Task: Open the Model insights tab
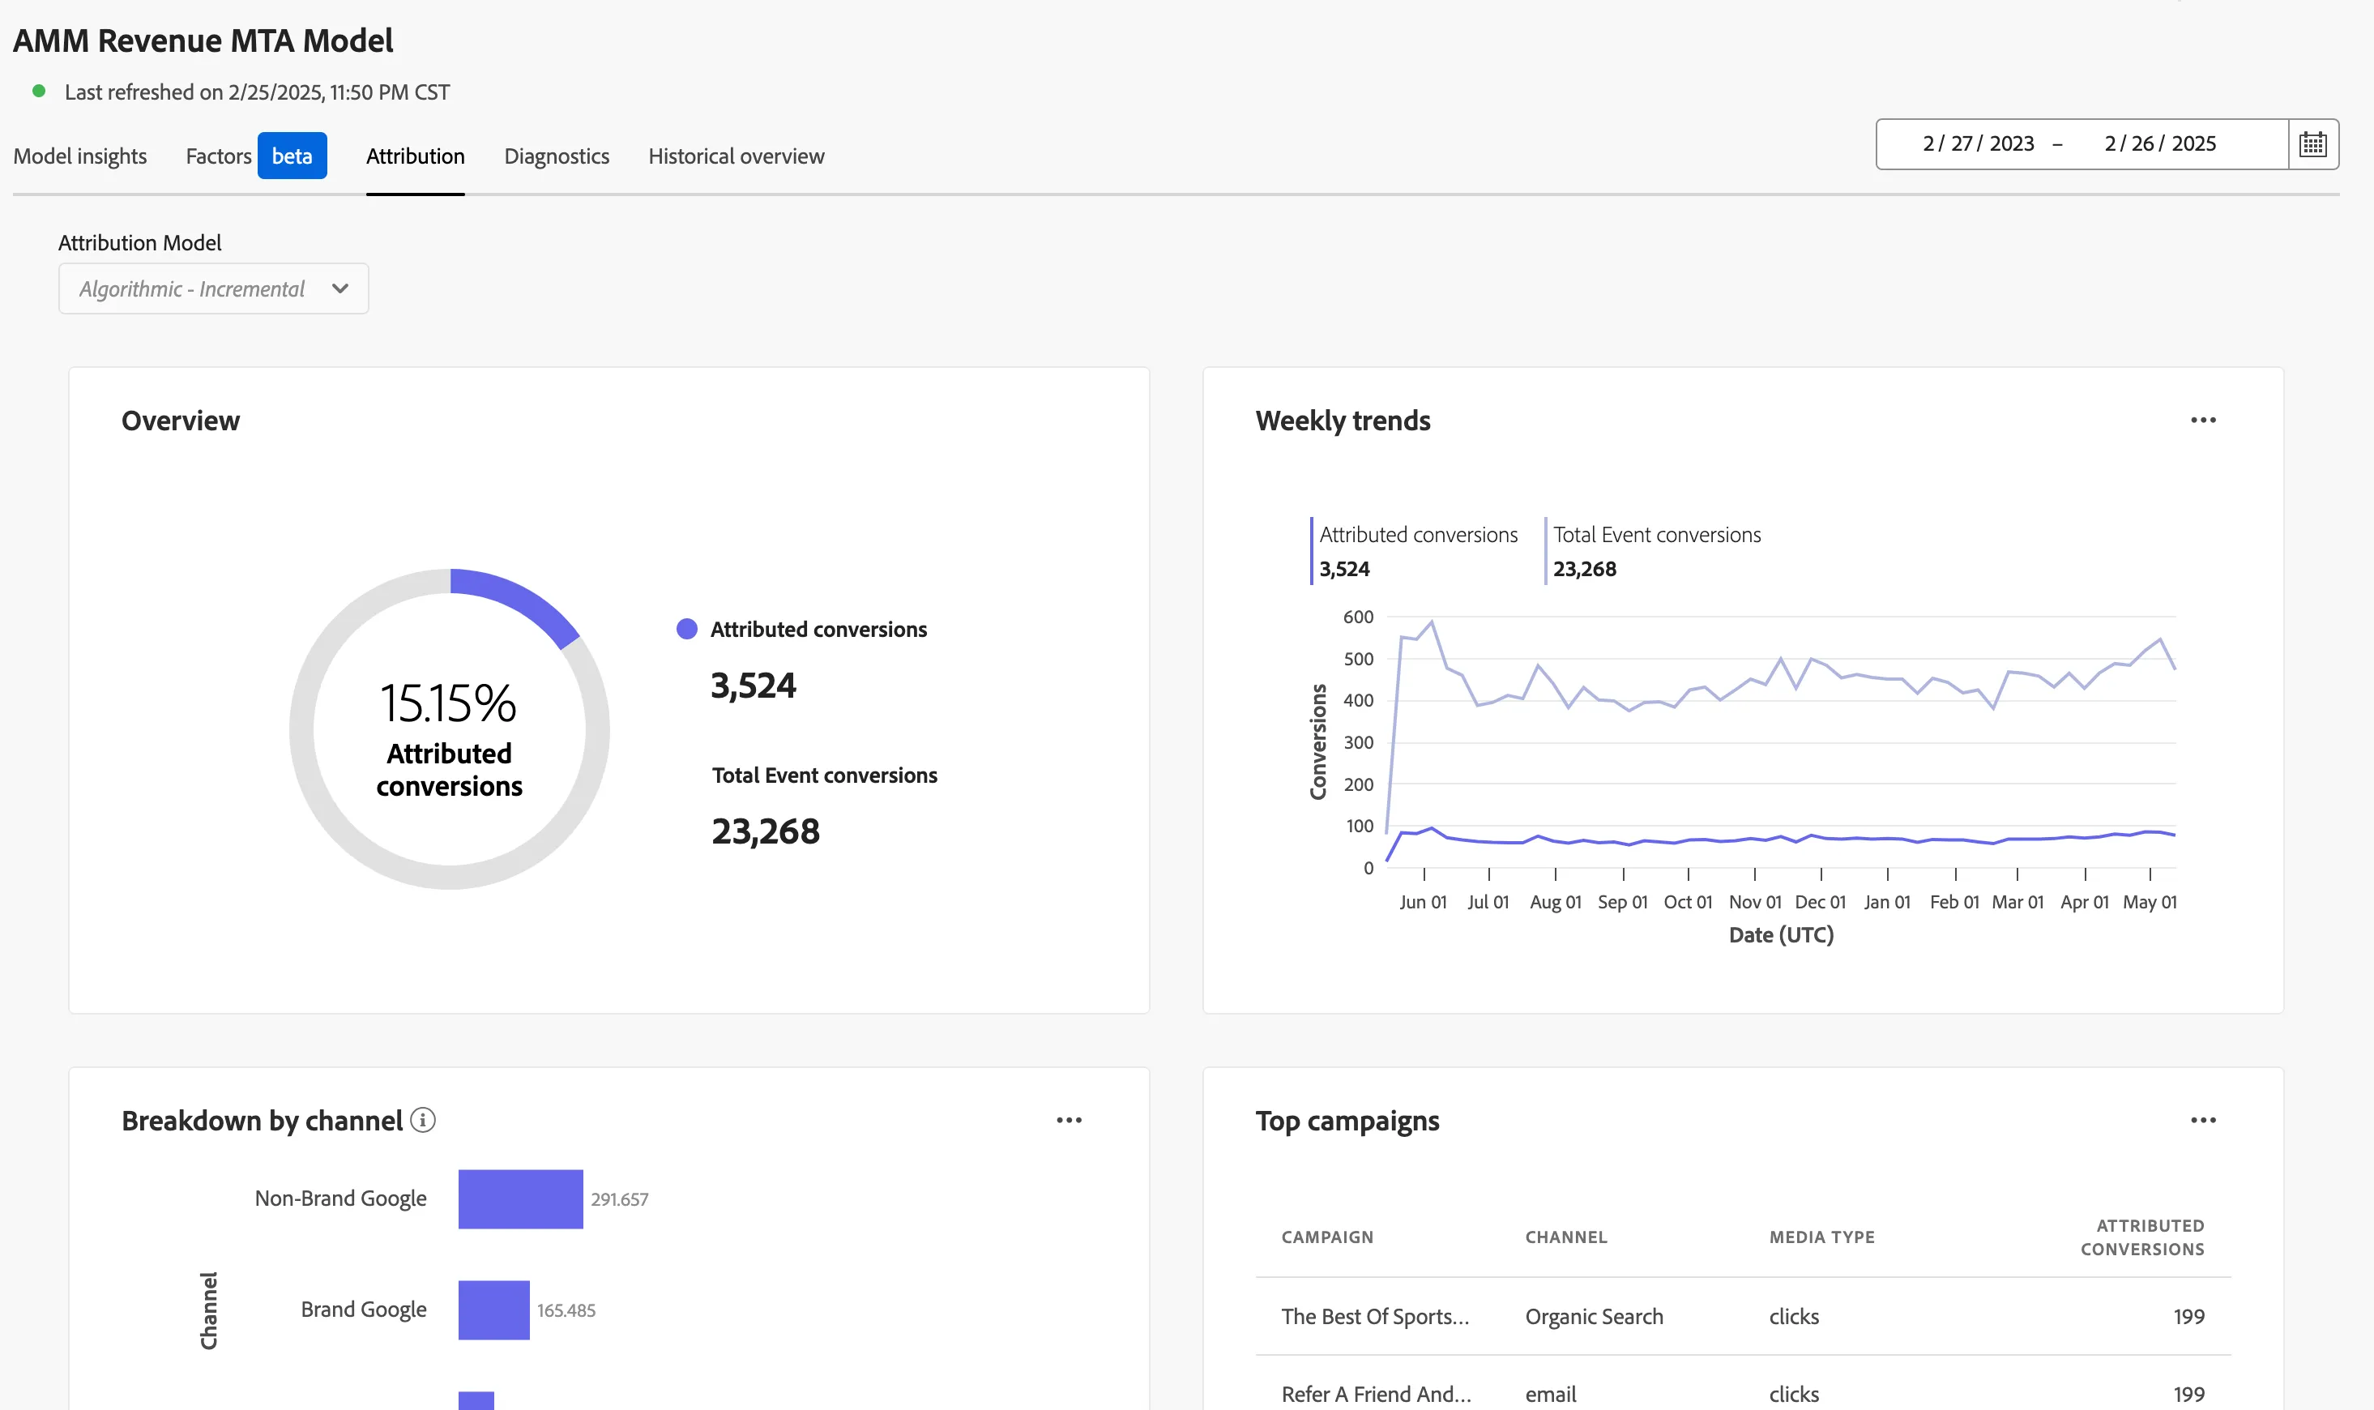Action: pyautogui.click(x=79, y=156)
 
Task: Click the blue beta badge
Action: pyautogui.click(x=292, y=156)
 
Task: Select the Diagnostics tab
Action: pyautogui.click(x=557, y=156)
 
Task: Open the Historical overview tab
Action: pyautogui.click(x=737, y=156)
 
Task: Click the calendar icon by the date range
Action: pyautogui.click(x=2312, y=144)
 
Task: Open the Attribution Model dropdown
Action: pyautogui.click(x=214, y=288)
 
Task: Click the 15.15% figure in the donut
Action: pyautogui.click(x=448, y=704)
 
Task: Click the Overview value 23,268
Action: pyautogui.click(x=766, y=831)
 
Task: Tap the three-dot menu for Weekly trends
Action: pyautogui.click(x=2203, y=420)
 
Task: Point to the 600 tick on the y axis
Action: pyautogui.click(x=1357, y=617)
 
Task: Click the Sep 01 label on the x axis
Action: pyautogui.click(x=1623, y=902)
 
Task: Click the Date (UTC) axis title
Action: pyautogui.click(x=1781, y=935)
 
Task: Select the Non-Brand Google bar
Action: pyautogui.click(x=521, y=1199)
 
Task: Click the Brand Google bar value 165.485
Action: pyautogui.click(x=566, y=1310)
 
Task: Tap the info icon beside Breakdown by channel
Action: pyautogui.click(x=423, y=1120)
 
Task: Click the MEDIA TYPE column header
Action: pyautogui.click(x=1822, y=1237)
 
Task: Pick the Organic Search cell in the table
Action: pyautogui.click(x=1594, y=1317)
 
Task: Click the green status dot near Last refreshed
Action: pyautogui.click(x=39, y=92)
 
